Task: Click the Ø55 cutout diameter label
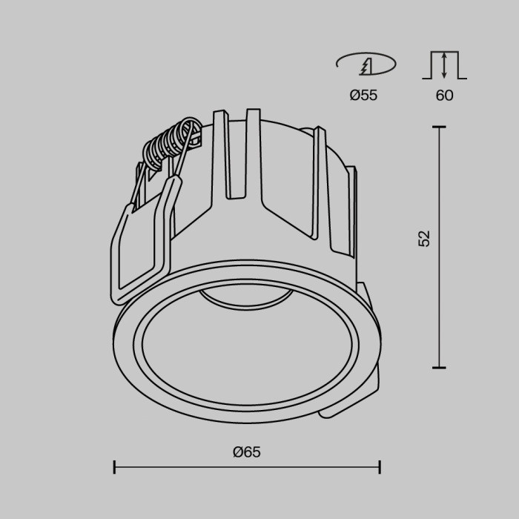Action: tap(363, 96)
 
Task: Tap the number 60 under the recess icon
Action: tap(444, 96)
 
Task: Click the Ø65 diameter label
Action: tap(247, 452)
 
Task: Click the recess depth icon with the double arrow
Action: tap(444, 65)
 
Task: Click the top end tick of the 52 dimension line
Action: tap(440, 128)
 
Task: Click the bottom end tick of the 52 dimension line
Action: tap(440, 367)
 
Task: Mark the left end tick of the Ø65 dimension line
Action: tap(114, 467)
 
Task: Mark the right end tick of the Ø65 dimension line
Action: tap(380, 467)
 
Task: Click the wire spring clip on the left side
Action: tap(141, 237)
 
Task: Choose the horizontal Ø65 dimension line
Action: tap(247, 467)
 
